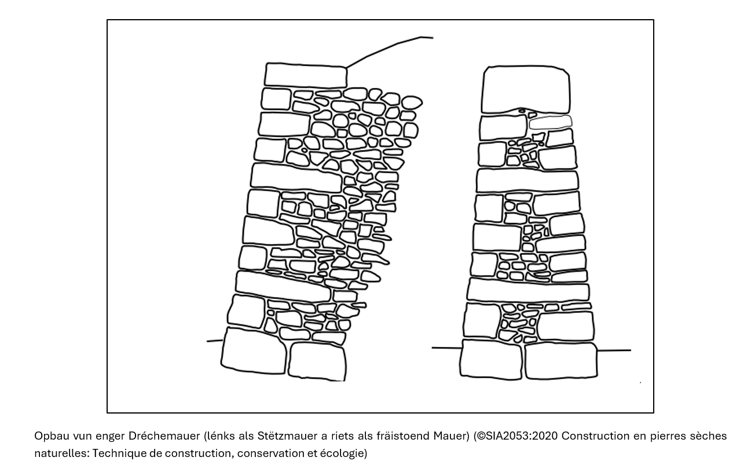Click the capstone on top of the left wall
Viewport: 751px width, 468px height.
305,75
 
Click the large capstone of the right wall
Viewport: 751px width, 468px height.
526,89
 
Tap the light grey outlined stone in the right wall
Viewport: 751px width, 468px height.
551,122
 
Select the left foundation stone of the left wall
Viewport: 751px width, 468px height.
254,351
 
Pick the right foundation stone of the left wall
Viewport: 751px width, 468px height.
317,361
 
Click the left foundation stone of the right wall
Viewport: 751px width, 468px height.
492,359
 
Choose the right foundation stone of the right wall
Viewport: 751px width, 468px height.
561,361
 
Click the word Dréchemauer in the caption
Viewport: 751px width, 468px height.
164,436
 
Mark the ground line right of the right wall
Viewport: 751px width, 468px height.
614,350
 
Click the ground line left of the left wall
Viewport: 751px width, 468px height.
215,341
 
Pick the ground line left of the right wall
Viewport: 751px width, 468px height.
447,348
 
